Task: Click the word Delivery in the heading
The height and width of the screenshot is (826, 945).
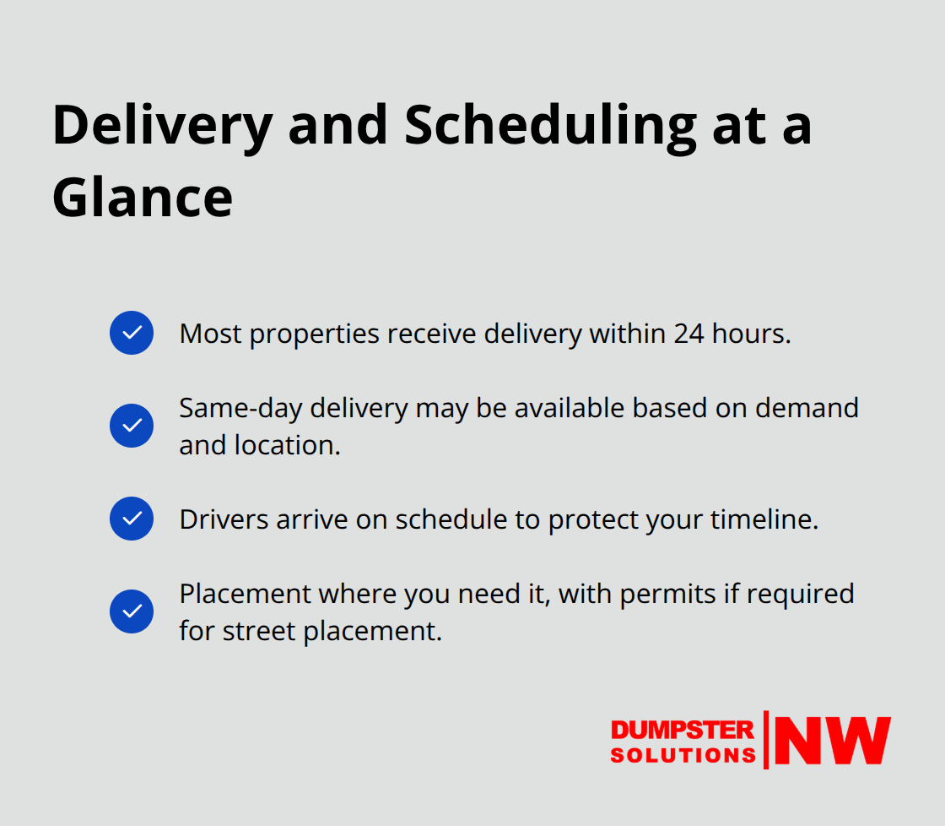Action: point(162,124)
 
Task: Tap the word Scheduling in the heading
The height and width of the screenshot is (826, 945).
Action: point(551,124)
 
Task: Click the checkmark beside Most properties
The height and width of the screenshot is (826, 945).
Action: point(132,333)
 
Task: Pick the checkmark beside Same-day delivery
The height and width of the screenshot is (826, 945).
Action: point(132,426)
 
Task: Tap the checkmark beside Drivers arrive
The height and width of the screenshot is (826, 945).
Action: point(132,519)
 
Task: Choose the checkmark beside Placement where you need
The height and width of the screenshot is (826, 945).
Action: point(132,611)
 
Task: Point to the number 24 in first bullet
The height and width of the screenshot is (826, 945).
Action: point(690,334)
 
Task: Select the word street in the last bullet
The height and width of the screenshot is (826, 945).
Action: point(252,631)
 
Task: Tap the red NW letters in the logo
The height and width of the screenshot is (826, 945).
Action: point(832,741)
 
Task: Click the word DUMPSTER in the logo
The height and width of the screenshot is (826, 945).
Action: point(683,730)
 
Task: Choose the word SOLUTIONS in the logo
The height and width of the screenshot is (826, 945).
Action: point(683,754)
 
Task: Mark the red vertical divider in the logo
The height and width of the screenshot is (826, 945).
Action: point(766,740)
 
